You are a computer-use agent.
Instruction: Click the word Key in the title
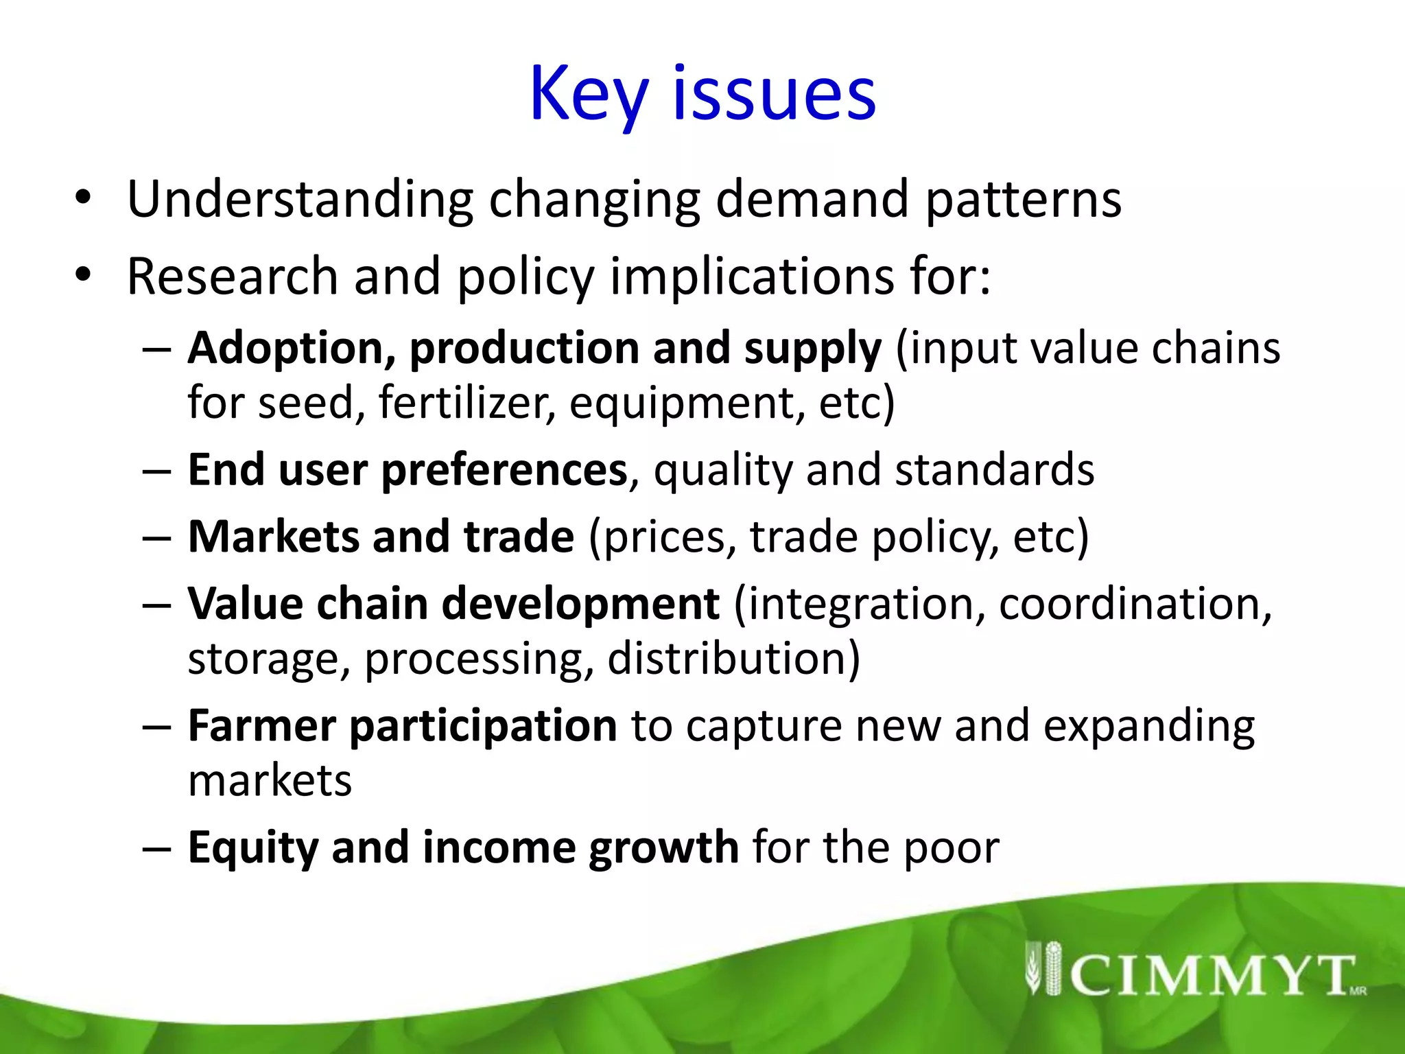click(x=589, y=95)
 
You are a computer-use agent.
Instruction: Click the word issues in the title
click(x=774, y=95)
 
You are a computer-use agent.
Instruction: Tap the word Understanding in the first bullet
click(x=300, y=199)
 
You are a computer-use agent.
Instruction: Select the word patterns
click(x=1023, y=199)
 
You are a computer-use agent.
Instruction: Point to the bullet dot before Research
click(x=83, y=275)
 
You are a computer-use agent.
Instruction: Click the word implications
click(x=752, y=277)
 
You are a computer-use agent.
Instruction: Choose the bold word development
click(x=580, y=604)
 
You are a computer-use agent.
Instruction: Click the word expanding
click(x=1149, y=726)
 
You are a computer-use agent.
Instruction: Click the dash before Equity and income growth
click(x=156, y=849)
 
